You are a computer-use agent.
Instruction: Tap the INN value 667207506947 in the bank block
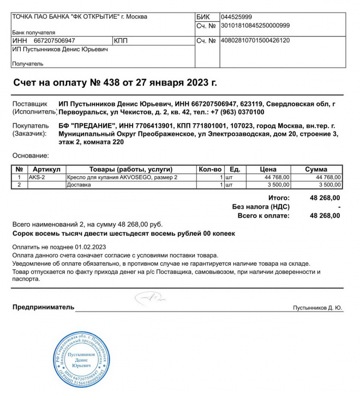(x=54, y=41)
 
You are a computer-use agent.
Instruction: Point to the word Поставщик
(x=29, y=104)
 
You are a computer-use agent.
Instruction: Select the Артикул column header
(x=46, y=170)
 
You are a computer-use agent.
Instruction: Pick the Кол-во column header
(x=210, y=170)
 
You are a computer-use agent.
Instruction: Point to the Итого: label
(x=279, y=197)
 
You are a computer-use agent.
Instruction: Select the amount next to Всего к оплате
(x=325, y=216)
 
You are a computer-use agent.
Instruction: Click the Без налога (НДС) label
(x=261, y=207)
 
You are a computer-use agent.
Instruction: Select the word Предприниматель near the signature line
(x=43, y=307)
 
